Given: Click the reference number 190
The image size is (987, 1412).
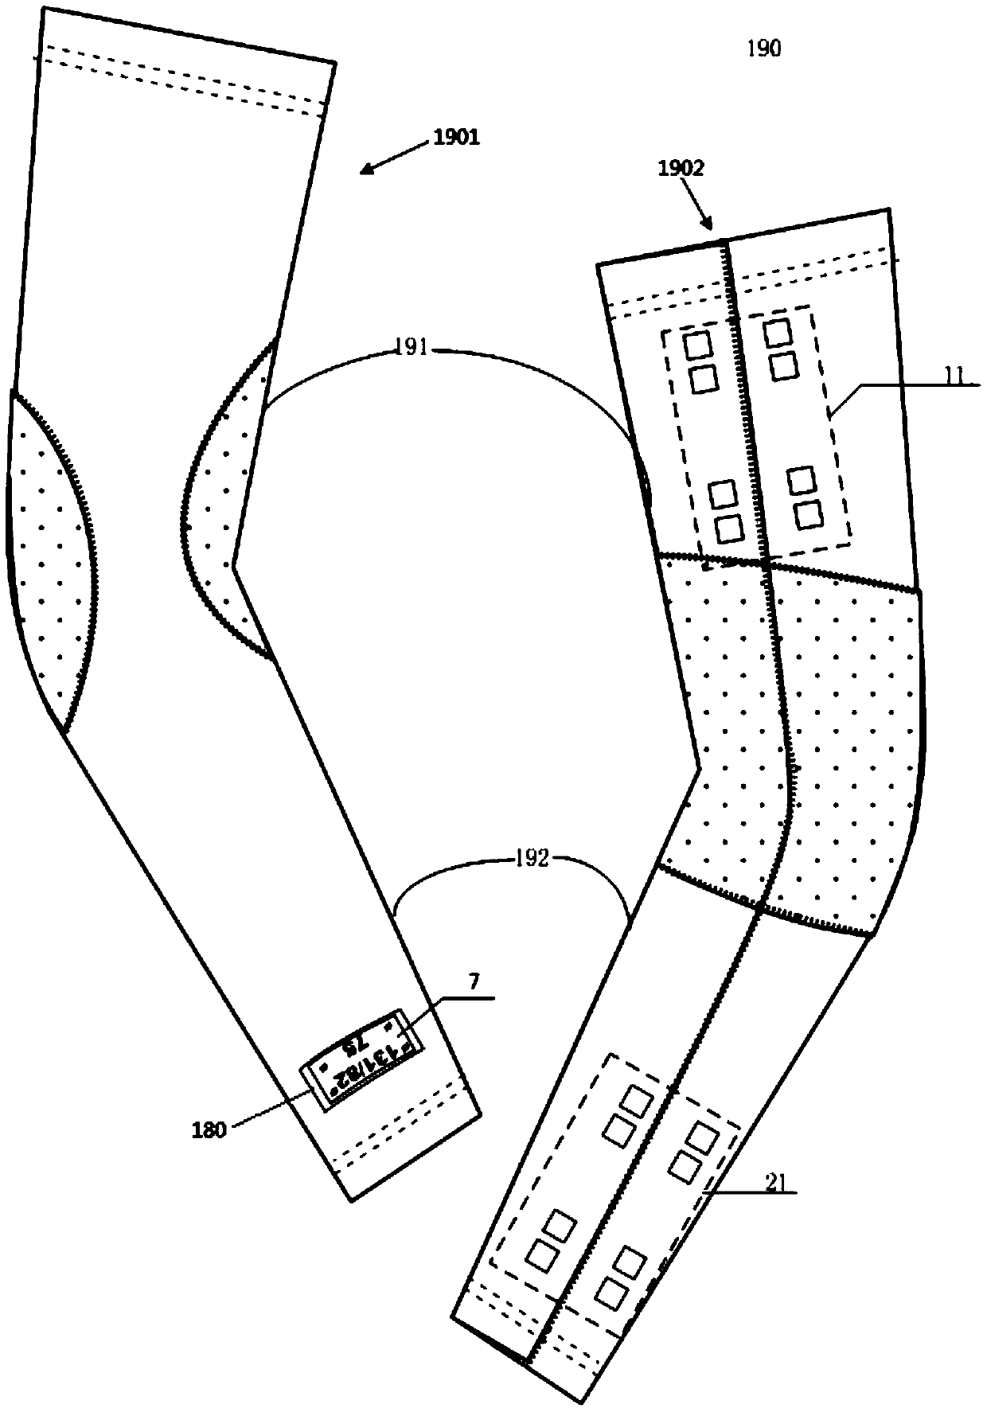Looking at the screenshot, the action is click(x=763, y=49).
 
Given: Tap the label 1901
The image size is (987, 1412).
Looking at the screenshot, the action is click(x=456, y=138).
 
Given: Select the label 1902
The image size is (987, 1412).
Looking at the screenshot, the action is click(x=681, y=169).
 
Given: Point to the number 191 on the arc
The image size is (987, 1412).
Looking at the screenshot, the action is click(x=412, y=349).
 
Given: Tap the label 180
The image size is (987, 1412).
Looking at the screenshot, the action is click(x=209, y=1130).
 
